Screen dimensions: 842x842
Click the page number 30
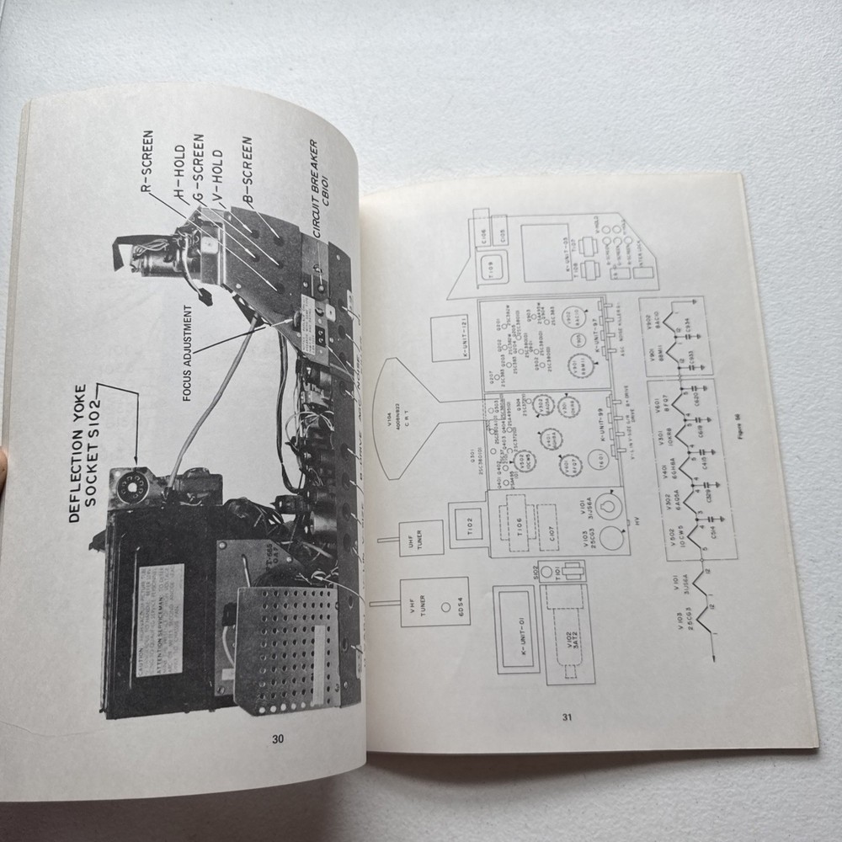click(278, 739)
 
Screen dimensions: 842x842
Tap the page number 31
click(567, 717)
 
